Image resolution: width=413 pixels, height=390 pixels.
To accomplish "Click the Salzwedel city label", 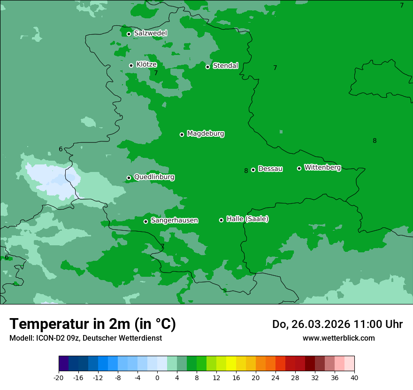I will pyautogui.click(x=150, y=33).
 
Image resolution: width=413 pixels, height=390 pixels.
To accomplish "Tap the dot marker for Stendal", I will pyautogui.click(x=207, y=67).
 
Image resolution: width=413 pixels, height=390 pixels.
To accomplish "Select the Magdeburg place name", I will pyautogui.click(x=206, y=134).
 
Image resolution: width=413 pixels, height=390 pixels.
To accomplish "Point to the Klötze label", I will pyautogui.click(x=146, y=64).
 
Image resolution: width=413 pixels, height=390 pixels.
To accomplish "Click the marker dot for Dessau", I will pyautogui.click(x=253, y=170).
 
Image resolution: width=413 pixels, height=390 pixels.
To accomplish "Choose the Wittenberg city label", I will pyautogui.click(x=322, y=167).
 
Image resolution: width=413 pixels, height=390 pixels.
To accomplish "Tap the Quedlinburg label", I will pyautogui.click(x=154, y=177).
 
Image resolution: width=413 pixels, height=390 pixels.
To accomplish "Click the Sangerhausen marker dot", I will pyautogui.click(x=145, y=221).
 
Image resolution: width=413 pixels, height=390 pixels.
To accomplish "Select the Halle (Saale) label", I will pyautogui.click(x=247, y=219).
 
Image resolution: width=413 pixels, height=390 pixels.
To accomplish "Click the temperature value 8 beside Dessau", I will pyautogui.click(x=246, y=171).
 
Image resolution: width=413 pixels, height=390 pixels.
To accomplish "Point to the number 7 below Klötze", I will pyautogui.click(x=156, y=73).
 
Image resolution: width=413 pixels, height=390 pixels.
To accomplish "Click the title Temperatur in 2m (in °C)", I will pyautogui.click(x=92, y=324).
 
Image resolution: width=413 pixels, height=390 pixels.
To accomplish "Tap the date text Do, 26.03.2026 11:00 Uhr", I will pyautogui.click(x=337, y=324).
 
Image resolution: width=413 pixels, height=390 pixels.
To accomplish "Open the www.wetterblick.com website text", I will pyautogui.click(x=338, y=338).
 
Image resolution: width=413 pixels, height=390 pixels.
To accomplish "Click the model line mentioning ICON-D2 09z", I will pyautogui.click(x=85, y=338).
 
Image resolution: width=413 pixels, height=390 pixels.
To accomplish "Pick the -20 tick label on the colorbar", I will pyautogui.click(x=59, y=378).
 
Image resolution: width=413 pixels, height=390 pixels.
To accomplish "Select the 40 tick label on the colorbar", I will pyautogui.click(x=354, y=378).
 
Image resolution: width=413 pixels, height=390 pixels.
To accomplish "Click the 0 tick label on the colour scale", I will pyautogui.click(x=157, y=378).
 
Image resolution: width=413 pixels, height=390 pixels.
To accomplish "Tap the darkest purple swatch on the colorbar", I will pyautogui.click(x=63, y=364).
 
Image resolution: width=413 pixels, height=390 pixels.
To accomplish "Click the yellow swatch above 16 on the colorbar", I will pyautogui.click(x=231, y=364).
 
